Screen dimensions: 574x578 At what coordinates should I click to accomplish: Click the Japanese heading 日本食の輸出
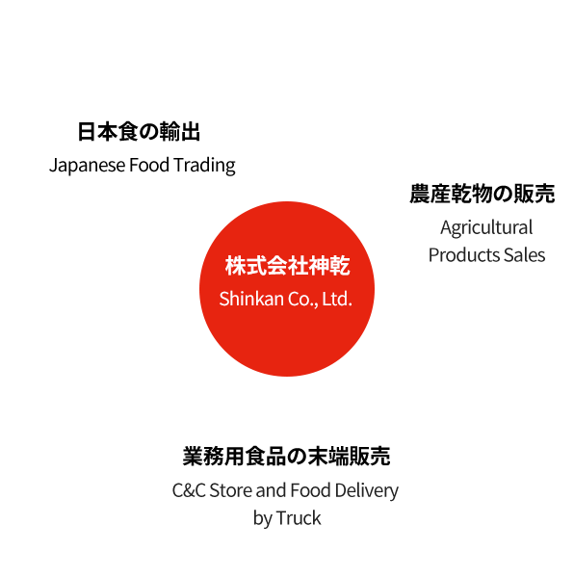[139, 132]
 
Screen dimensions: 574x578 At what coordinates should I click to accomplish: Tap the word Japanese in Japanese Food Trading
[87, 165]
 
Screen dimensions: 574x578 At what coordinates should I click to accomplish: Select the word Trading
[204, 165]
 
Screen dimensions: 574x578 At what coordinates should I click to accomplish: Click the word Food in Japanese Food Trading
[149, 165]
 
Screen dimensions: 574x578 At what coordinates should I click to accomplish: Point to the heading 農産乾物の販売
[483, 194]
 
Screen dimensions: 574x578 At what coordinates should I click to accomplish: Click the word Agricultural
[486, 227]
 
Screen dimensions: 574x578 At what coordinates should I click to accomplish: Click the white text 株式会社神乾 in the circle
[287, 266]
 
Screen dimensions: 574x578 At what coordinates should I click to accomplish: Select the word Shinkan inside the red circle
[251, 299]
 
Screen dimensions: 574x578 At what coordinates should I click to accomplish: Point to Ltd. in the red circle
[337, 299]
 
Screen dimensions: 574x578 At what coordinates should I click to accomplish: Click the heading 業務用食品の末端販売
[286, 456]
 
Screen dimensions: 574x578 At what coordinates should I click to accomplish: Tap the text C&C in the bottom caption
[189, 490]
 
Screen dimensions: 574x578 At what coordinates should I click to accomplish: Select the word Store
[230, 490]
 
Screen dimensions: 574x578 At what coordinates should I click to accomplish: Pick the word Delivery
[367, 491]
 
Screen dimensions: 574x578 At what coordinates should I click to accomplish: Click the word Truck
[299, 518]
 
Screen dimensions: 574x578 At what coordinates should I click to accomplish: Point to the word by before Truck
[262, 519]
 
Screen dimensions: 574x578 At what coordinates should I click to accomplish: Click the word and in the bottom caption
[271, 490]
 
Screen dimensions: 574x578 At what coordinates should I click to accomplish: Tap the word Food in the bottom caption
[310, 490]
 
